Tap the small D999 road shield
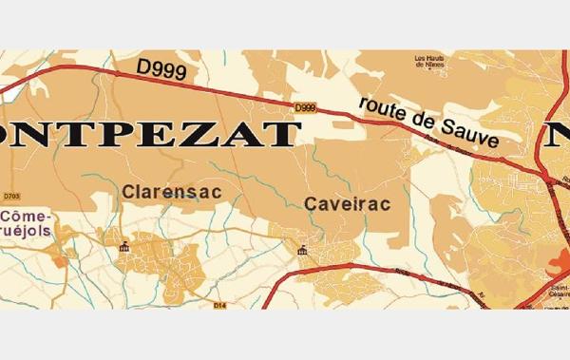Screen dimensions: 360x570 point(305,107)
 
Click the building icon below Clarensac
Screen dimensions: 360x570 point(124,248)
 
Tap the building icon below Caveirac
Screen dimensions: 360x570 point(302,250)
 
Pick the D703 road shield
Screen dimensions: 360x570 point(12,197)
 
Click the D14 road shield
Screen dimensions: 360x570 point(220,305)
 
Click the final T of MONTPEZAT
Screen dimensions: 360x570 point(279,133)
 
